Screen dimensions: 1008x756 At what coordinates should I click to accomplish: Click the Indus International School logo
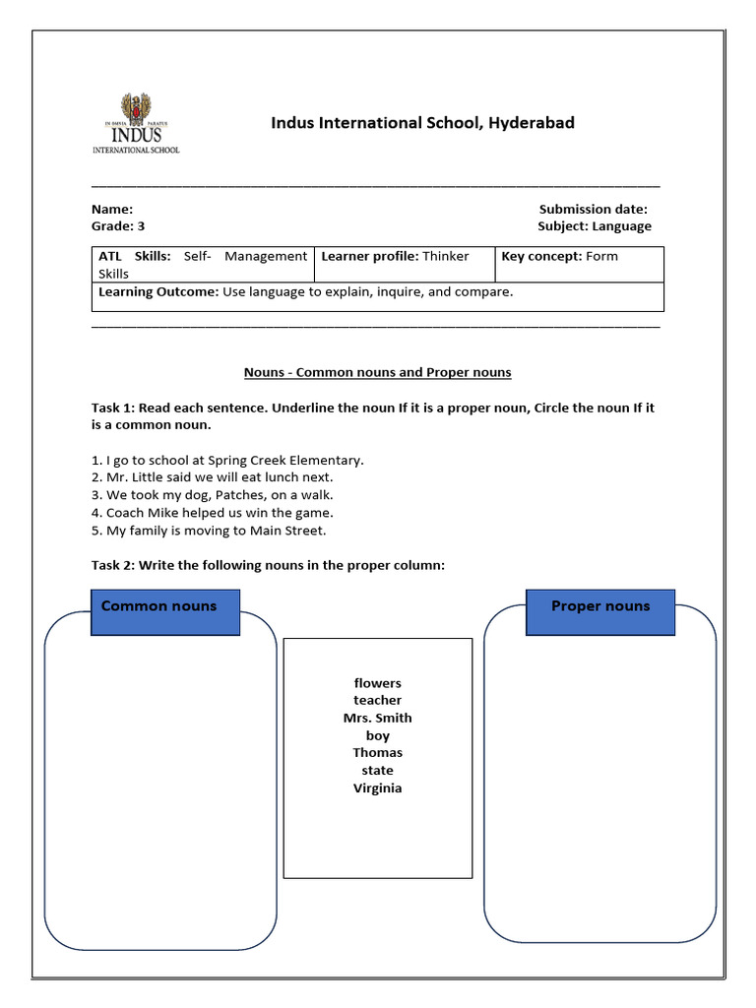(136, 123)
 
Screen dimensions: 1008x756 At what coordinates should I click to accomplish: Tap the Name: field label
(112, 209)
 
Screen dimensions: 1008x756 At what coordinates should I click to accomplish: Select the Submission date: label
(593, 209)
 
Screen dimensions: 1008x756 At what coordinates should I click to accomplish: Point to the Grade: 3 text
(118, 226)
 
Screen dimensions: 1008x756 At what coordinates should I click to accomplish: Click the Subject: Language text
(594, 226)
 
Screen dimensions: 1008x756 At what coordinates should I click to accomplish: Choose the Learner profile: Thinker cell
(395, 256)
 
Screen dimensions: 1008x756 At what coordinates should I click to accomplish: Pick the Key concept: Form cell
(559, 256)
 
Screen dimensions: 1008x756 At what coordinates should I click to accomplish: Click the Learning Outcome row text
(306, 292)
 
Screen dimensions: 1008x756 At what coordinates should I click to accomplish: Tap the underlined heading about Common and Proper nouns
(377, 373)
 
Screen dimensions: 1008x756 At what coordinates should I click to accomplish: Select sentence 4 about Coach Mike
(213, 513)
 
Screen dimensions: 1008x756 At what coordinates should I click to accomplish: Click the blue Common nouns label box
(164, 611)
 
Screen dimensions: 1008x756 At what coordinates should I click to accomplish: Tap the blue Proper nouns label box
(600, 611)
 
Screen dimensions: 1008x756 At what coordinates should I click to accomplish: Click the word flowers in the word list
(378, 683)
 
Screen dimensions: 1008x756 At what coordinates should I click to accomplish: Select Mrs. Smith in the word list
(378, 719)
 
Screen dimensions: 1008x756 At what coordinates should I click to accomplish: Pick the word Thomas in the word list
(378, 753)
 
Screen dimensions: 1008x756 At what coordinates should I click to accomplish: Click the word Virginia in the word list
(378, 788)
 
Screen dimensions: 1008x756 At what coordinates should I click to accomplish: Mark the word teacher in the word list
(378, 701)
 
